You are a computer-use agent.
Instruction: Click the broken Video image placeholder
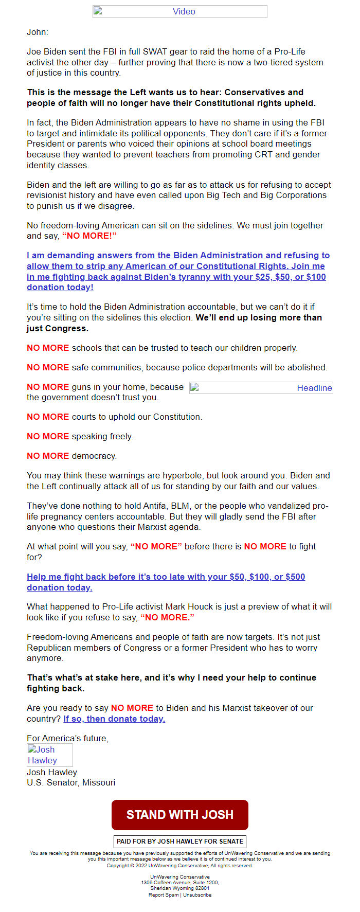click(179, 11)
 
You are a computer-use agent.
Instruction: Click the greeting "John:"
click(38, 32)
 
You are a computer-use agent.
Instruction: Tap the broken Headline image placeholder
click(261, 388)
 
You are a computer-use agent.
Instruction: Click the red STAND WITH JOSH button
click(179, 815)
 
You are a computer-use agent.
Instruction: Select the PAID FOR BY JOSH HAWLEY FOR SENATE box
click(179, 842)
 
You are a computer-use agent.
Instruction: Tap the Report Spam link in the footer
click(164, 895)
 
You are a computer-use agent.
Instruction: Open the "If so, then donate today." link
click(114, 719)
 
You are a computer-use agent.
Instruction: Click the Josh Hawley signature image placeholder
click(49, 755)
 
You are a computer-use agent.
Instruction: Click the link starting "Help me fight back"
click(166, 577)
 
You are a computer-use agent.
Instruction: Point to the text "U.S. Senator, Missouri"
click(71, 782)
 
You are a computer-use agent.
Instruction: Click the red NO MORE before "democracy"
click(48, 456)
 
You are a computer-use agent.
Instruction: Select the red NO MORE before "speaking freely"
click(48, 436)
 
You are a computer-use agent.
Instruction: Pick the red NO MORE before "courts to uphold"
click(48, 417)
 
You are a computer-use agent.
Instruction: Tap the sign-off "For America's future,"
click(67, 738)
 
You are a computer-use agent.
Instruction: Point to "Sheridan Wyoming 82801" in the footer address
click(179, 888)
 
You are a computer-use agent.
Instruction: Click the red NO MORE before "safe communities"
click(48, 367)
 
